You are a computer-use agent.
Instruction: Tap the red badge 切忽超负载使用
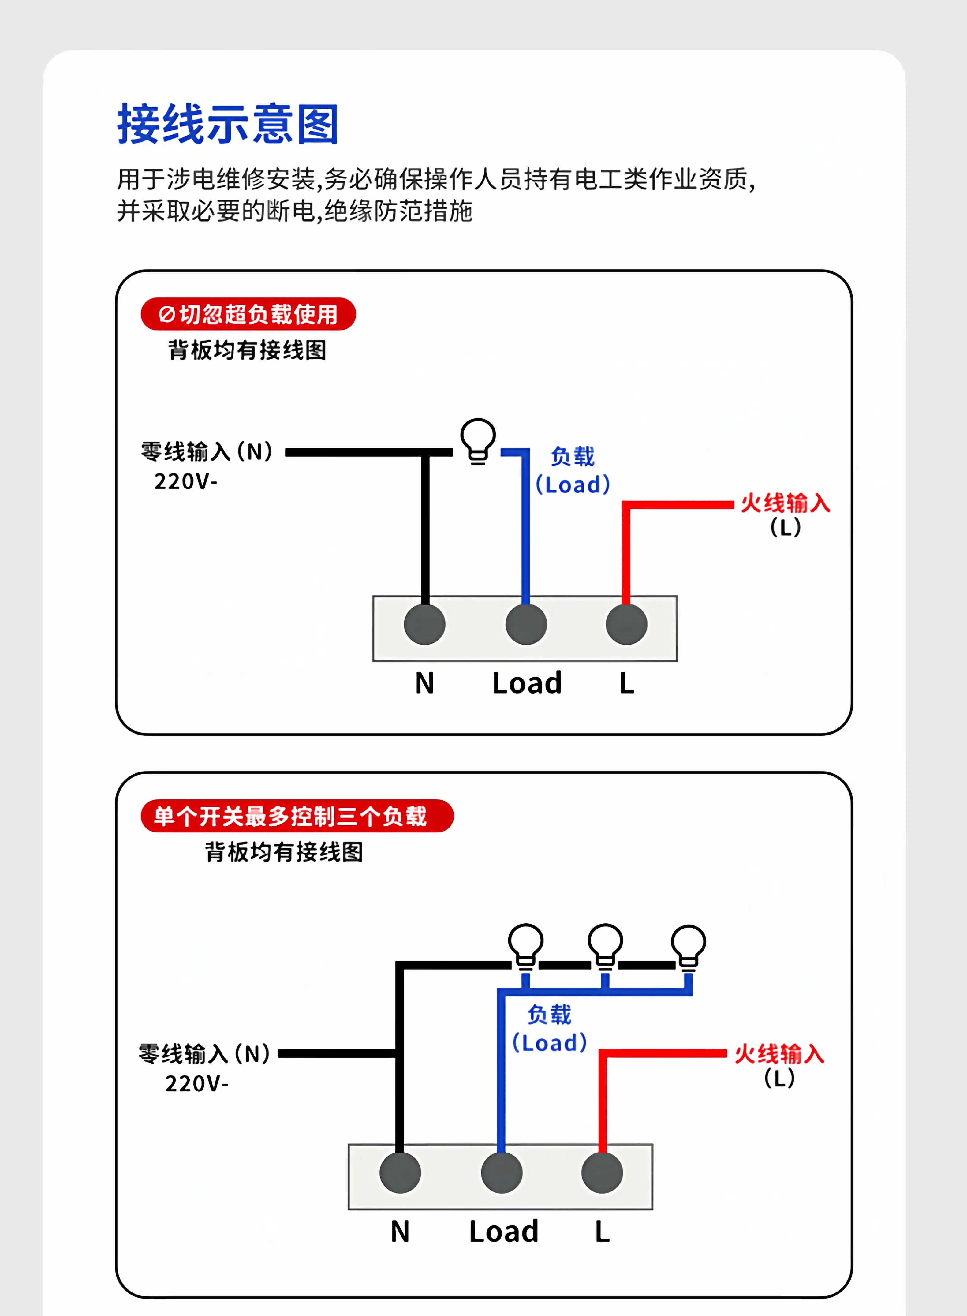(x=248, y=314)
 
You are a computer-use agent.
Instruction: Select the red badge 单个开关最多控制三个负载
(x=297, y=816)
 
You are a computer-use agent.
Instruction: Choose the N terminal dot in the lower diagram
(x=400, y=1172)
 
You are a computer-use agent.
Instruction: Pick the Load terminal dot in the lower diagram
(x=502, y=1172)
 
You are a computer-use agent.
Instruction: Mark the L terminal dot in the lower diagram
(x=602, y=1172)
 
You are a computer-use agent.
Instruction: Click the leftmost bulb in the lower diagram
(x=526, y=946)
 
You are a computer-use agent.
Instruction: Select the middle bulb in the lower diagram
(x=605, y=946)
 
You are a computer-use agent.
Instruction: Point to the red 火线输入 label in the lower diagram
(x=779, y=1054)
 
